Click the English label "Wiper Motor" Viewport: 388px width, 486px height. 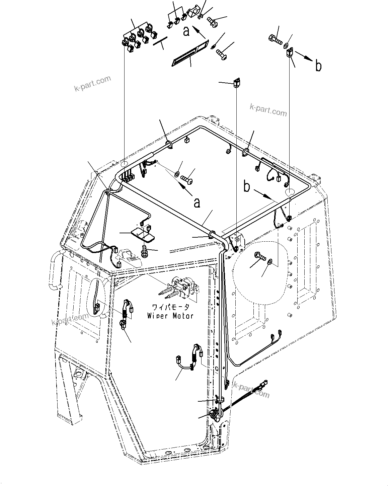(170, 316)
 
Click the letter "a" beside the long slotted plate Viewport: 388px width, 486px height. (186, 31)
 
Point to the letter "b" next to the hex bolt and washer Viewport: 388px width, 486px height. (318, 66)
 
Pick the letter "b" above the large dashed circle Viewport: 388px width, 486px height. (247, 187)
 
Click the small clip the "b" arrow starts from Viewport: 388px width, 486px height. (290, 53)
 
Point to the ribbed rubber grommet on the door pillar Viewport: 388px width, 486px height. (213, 416)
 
